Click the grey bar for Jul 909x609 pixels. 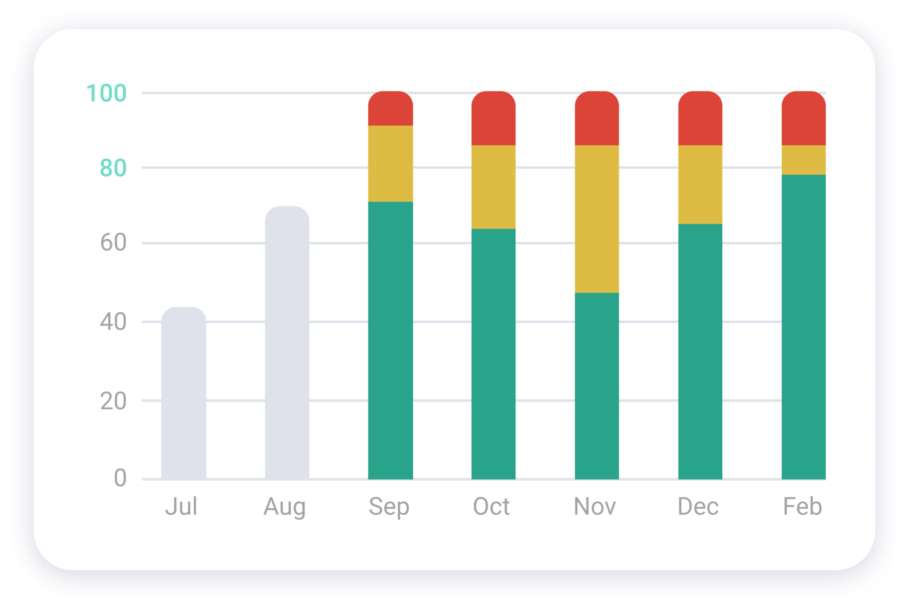pos(183,393)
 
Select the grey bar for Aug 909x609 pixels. pos(287,343)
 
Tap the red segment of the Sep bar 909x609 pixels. pos(390,109)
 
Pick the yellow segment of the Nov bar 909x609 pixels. pos(597,219)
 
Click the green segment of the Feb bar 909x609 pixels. pos(803,327)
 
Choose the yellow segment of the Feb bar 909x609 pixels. pos(803,160)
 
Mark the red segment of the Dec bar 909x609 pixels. pos(700,119)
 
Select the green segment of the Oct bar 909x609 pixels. pos(493,354)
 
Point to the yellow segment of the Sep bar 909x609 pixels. pos(390,163)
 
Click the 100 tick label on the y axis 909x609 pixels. pos(107,93)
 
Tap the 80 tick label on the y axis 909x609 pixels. pos(113,168)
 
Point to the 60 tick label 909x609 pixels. pos(113,243)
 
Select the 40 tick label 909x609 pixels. pos(113,322)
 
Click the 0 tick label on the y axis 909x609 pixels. pos(120,478)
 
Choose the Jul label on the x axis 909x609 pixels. pos(181,507)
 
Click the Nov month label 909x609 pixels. pos(595,507)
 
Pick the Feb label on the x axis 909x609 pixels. pos(802,507)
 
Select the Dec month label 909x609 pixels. pos(698,507)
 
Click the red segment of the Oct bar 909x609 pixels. pos(493,119)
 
